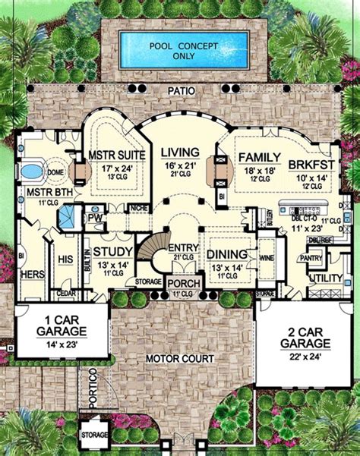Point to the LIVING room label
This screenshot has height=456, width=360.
(180, 153)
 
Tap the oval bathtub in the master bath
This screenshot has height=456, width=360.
(33, 172)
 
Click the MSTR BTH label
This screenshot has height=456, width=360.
(37, 193)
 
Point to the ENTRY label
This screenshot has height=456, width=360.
(182, 248)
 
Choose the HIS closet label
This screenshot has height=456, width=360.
(65, 259)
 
